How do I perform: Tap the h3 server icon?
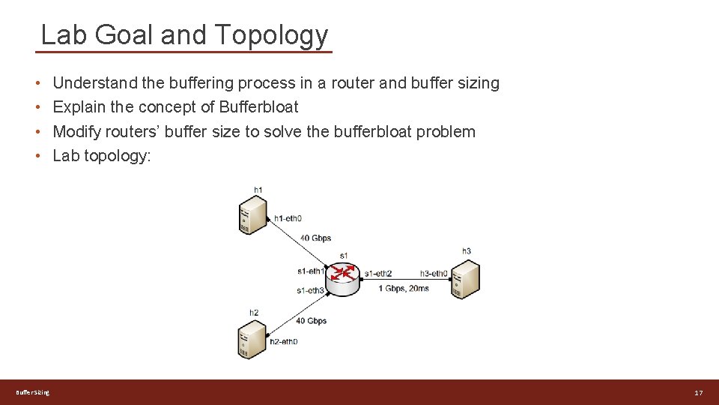pos(465,278)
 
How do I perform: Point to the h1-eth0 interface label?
pos(288,218)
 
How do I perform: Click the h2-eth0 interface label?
pos(284,342)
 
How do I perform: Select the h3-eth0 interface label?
pos(434,274)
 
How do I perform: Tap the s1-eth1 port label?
pos(311,271)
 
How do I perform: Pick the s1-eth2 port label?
pos(377,274)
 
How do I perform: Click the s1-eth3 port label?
pos(310,290)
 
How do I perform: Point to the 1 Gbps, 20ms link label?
pos(404,288)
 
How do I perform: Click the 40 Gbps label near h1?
pos(315,238)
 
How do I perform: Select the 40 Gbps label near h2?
pos(311,321)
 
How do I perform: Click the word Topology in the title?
pos(271,35)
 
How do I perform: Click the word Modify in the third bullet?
pos(77,132)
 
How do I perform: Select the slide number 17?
pos(698,393)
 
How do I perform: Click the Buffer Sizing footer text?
pos(33,392)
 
